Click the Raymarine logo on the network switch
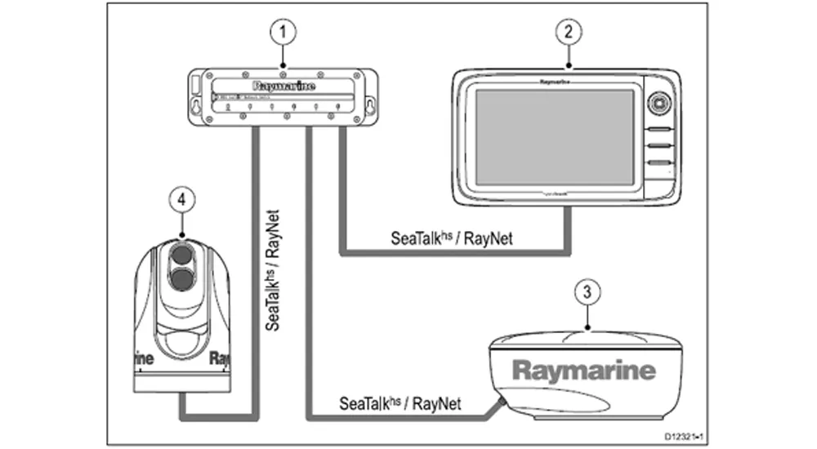pos(283,84)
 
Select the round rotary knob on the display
pos(659,103)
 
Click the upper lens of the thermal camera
pos(182,254)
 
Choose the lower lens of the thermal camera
pos(182,282)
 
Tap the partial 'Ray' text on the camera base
pos(218,358)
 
